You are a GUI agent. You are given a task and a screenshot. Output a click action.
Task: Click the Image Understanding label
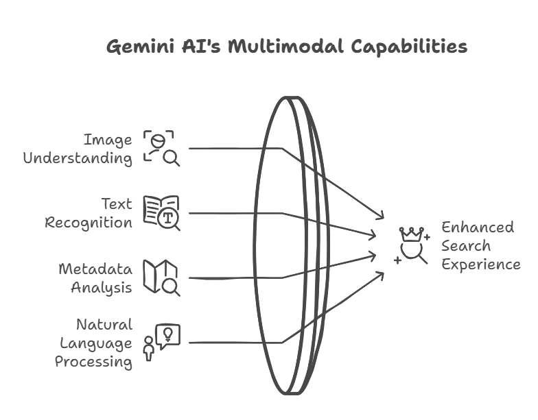tap(78, 149)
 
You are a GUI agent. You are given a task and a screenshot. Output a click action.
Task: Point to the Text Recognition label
tap(89, 213)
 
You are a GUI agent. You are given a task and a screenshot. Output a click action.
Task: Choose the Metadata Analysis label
tap(95, 277)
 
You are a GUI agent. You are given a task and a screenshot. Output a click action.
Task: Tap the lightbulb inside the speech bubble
tap(168, 334)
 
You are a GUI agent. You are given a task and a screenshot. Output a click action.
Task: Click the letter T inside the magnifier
tap(167, 219)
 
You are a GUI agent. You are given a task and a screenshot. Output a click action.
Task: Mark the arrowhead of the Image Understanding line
tap(383, 217)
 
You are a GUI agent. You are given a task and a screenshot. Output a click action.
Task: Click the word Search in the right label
tap(466, 245)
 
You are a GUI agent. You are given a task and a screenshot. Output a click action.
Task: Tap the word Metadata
tap(95, 268)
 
